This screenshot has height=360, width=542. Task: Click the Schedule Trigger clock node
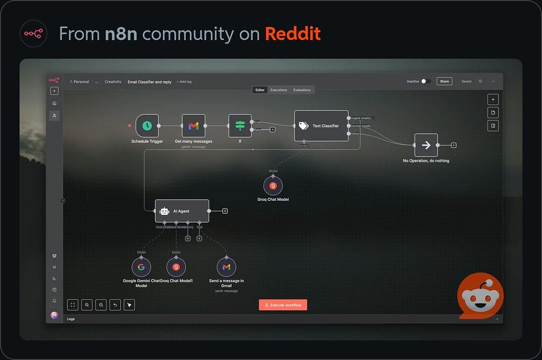click(147, 125)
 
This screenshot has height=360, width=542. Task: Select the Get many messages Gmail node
click(193, 125)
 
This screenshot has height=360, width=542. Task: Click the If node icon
click(240, 125)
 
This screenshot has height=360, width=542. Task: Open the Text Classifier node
click(321, 126)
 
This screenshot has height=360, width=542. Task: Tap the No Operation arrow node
click(426, 145)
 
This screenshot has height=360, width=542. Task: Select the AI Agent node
click(182, 211)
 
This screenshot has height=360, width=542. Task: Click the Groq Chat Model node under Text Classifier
click(273, 186)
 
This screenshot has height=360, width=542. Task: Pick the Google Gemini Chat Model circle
click(141, 267)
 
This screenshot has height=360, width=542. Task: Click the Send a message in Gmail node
click(226, 267)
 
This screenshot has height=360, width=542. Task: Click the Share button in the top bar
click(444, 82)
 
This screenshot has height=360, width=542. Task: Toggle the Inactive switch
click(426, 82)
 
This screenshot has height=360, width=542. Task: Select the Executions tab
click(278, 90)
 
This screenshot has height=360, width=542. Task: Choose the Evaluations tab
click(302, 90)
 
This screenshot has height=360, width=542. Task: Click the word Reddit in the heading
click(293, 34)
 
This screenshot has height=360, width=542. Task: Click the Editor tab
click(260, 90)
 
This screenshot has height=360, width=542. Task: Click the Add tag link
click(184, 82)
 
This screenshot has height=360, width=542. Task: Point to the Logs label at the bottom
click(71, 319)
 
